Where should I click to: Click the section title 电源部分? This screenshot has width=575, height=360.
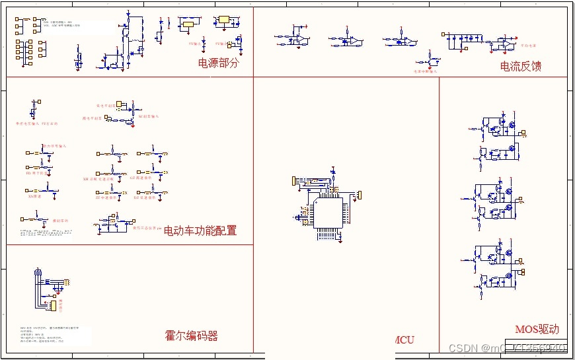click(x=217, y=63)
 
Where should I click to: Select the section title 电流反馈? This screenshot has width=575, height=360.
click(x=521, y=66)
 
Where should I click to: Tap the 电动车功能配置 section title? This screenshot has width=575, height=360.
click(x=200, y=231)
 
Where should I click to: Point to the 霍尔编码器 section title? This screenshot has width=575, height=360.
click(x=191, y=336)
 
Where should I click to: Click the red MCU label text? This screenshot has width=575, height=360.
click(x=404, y=340)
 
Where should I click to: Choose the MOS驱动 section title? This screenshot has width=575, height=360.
click(x=537, y=329)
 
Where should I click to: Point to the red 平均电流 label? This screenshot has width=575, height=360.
click(x=528, y=46)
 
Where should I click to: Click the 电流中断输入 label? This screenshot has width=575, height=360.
click(x=426, y=71)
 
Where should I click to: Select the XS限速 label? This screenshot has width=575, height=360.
click(x=35, y=196)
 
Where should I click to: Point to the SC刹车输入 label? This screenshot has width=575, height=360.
click(x=148, y=116)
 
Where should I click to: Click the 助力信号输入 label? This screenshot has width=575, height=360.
click(x=55, y=146)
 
